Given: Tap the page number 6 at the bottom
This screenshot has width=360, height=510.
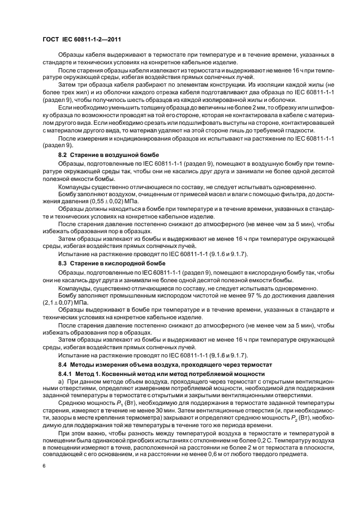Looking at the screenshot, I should [x=44, y=466].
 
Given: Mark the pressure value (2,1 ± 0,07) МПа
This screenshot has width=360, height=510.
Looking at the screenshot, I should [x=66, y=301].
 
